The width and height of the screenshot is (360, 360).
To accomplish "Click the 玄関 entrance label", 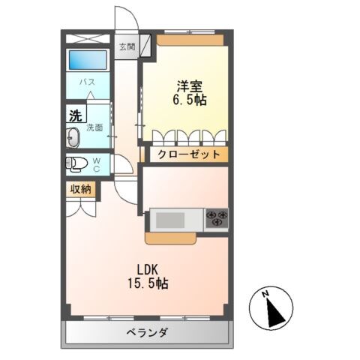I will (126, 46).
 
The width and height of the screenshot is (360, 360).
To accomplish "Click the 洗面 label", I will (95, 128).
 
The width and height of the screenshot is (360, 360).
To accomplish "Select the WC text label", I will (96, 163).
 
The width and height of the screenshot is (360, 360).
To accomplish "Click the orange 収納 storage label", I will (81, 190).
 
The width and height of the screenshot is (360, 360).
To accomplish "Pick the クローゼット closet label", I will (189, 154).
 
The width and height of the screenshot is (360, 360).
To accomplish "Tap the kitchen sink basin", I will (171, 220).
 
